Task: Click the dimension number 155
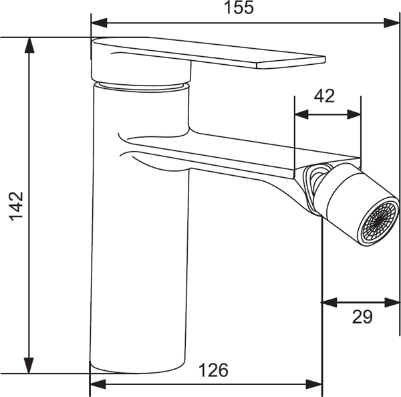pos(239,7)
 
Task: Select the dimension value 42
pos(324,96)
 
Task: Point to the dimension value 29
pos(362,317)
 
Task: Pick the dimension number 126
pos(213,370)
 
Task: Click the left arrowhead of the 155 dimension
pos(99,23)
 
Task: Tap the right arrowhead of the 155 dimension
pos(391,23)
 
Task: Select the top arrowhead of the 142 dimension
pos(29,45)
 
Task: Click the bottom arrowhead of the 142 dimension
pos(29,366)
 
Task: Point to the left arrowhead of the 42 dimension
pos(301,114)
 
